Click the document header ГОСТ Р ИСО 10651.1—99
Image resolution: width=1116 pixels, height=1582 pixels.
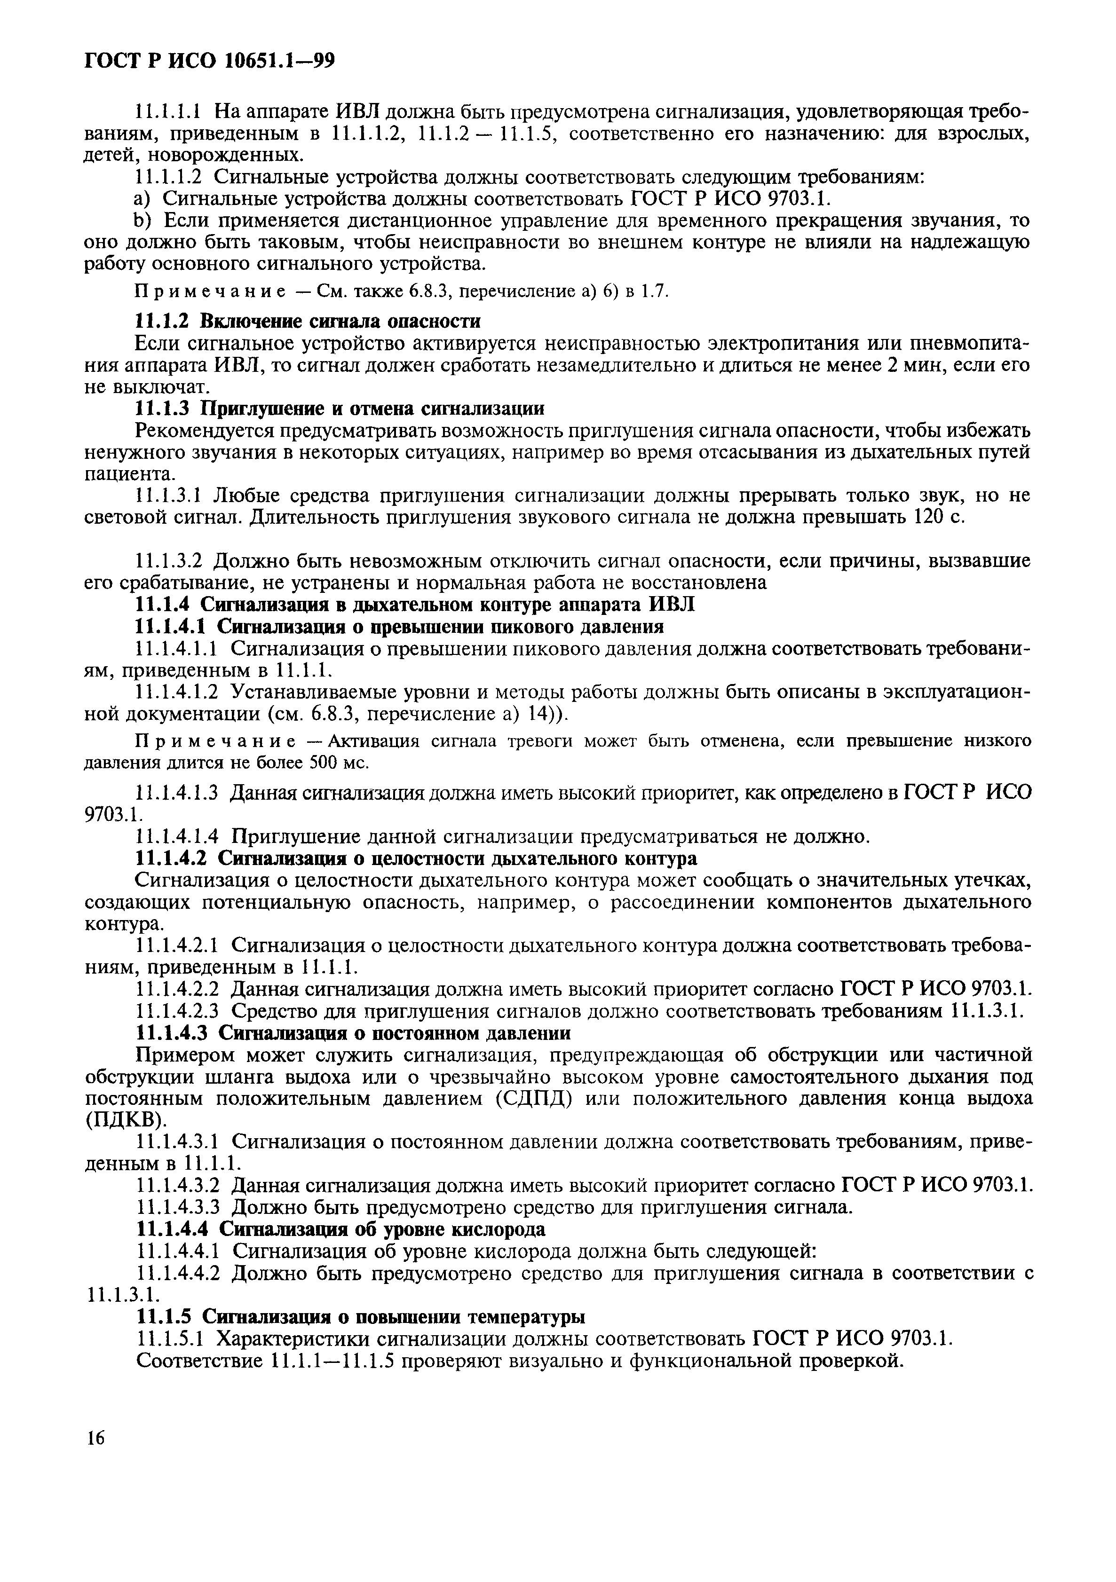click(x=209, y=62)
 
